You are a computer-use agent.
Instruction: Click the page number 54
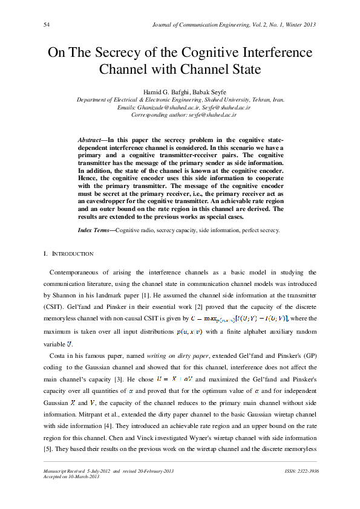[x=47, y=25]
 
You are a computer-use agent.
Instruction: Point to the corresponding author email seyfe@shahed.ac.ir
[x=212, y=114]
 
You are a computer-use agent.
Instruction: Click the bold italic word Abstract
[x=90, y=140]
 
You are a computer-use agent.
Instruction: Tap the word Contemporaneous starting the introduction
[x=77, y=273]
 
